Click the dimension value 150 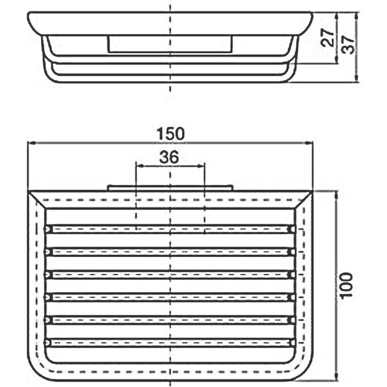[171, 134]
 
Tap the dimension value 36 [169, 158]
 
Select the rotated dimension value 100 [348, 285]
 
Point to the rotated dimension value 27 [327, 39]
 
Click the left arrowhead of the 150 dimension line [31, 143]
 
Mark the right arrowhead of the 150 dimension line [311, 143]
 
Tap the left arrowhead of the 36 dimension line [138, 166]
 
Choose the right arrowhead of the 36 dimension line [201, 166]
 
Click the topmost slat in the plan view [169, 229]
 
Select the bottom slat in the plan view [169, 343]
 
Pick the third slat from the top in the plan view [169, 274]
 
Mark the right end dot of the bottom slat [291, 343]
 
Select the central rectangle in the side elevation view [169, 44]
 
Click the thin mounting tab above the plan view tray [169, 187]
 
